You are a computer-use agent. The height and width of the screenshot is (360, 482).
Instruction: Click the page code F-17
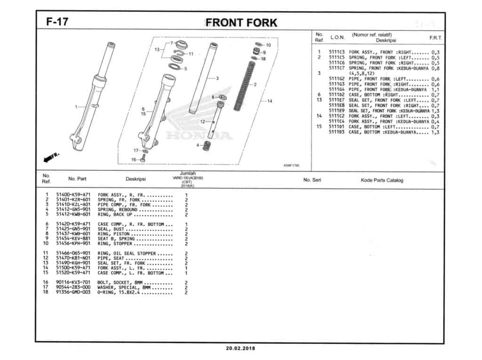(x=56, y=22)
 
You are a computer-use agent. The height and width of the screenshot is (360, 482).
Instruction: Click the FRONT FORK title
(x=241, y=23)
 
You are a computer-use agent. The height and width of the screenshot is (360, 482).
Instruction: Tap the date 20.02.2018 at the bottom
(x=241, y=349)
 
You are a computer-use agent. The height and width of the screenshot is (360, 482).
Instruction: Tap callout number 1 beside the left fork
(x=76, y=107)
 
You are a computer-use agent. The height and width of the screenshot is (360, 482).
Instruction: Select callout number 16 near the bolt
(x=133, y=160)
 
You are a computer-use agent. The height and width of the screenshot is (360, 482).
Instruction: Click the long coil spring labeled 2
(x=245, y=85)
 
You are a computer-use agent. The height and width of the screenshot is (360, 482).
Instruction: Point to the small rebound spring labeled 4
(x=205, y=146)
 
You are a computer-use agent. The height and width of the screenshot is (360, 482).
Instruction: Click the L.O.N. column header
(x=337, y=37)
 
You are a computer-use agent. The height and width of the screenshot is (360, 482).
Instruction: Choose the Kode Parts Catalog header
(x=382, y=180)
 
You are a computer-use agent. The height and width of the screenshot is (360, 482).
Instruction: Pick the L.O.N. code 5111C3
(x=337, y=52)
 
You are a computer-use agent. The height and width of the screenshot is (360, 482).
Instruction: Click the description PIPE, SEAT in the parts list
(x=111, y=258)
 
